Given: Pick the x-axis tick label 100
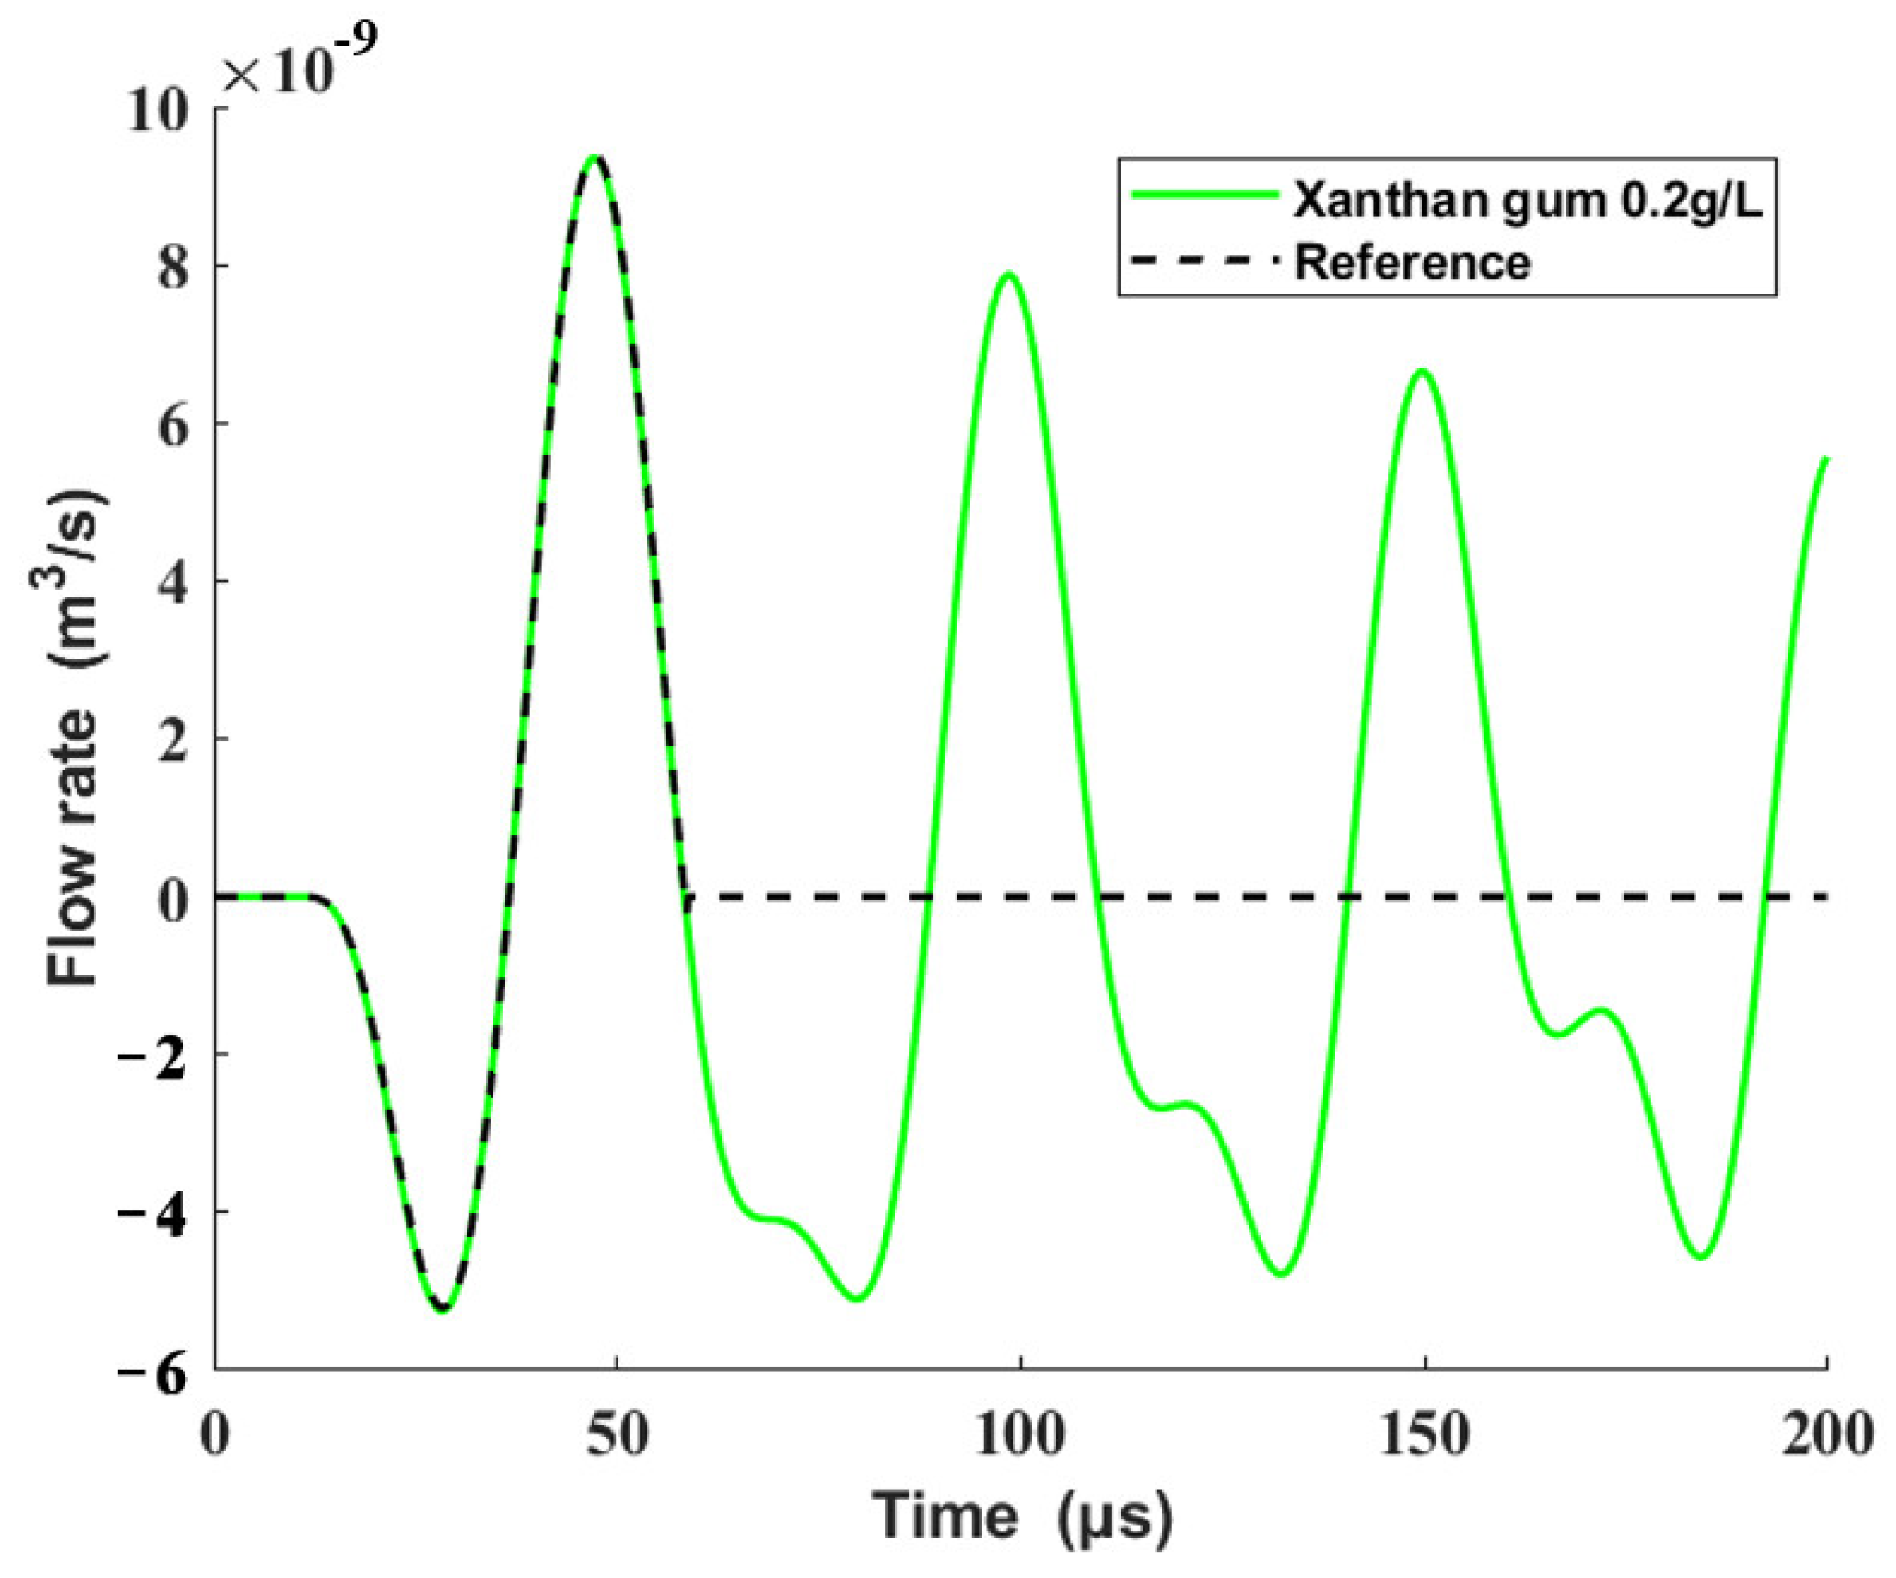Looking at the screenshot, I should coord(1020,1435).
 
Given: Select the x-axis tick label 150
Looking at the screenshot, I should coord(1424,1435).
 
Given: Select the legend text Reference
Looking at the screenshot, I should coord(1413,263).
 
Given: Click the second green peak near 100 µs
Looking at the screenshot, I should coord(1008,274).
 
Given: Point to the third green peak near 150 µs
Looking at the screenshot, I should coord(1423,371).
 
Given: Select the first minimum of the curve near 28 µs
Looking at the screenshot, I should coord(443,1308).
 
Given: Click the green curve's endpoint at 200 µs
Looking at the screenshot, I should coord(1826,459).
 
